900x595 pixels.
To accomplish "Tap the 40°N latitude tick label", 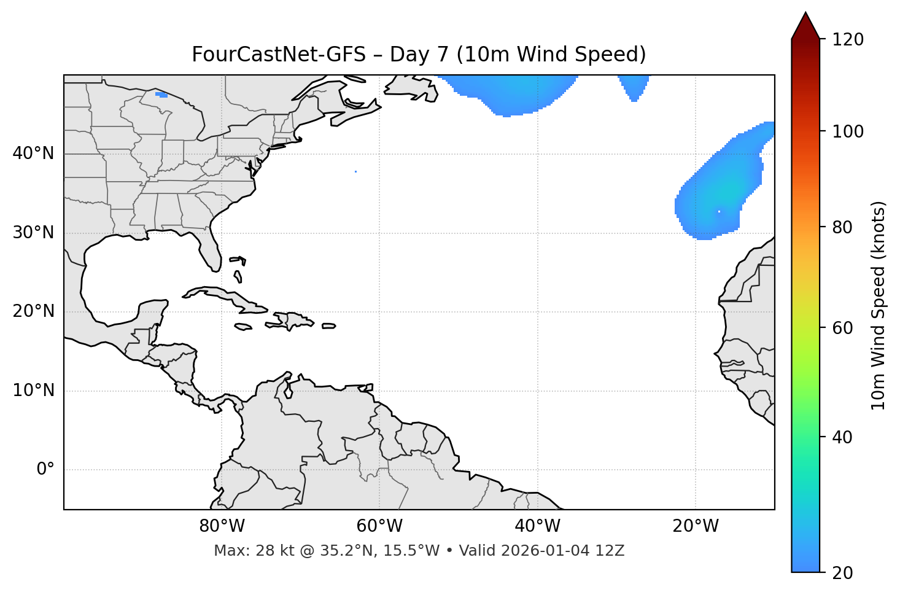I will pyautogui.click(x=33, y=154).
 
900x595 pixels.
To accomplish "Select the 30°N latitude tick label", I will pyautogui.click(x=33, y=233).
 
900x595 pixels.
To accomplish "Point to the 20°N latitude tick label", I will pyautogui.click(x=33, y=311).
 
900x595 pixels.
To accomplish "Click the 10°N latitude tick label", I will pyautogui.click(x=33, y=391).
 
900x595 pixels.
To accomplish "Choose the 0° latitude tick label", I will pyautogui.click(x=45, y=470).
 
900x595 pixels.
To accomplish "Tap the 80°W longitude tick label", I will pyautogui.click(x=222, y=526).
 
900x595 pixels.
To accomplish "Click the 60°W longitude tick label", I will pyautogui.click(x=379, y=526).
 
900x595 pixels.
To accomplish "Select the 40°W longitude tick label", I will pyautogui.click(x=537, y=526).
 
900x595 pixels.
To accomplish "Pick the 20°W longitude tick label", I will pyautogui.click(x=695, y=526).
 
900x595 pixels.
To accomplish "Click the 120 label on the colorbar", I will pyautogui.click(x=847, y=39).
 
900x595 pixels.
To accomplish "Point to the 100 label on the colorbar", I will pyautogui.click(x=847, y=131).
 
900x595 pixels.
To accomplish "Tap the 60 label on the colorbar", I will pyautogui.click(x=842, y=328).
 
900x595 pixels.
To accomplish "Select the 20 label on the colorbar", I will pyautogui.click(x=842, y=573).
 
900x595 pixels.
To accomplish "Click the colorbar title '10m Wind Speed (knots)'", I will pyautogui.click(x=879, y=305).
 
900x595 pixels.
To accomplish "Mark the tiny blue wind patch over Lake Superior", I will pyautogui.click(x=161, y=95).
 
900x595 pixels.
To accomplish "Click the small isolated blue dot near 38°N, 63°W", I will pyautogui.click(x=355, y=171).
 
